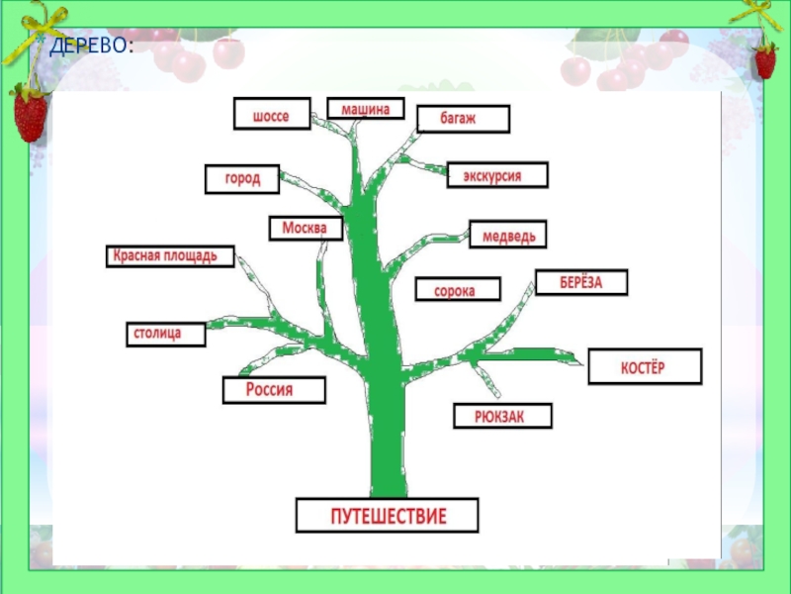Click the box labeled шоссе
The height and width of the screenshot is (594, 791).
click(x=272, y=114)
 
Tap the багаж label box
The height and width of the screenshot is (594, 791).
click(x=462, y=119)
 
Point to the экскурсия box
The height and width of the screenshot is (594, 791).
click(x=497, y=175)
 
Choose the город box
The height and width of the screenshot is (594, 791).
click(x=242, y=179)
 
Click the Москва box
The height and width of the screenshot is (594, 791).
click(x=306, y=229)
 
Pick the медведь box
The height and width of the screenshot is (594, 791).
click(x=508, y=235)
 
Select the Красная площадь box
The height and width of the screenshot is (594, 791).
click(x=171, y=257)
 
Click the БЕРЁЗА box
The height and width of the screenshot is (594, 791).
click(x=581, y=282)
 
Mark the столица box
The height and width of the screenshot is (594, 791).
click(x=166, y=334)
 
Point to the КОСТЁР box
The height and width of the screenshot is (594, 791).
click(x=644, y=366)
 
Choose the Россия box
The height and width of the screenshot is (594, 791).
click(x=272, y=390)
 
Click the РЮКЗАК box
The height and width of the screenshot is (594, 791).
click(x=501, y=417)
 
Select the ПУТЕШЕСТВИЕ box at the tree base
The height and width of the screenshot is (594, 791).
click(x=388, y=516)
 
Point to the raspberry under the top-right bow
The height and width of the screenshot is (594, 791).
click(x=764, y=61)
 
